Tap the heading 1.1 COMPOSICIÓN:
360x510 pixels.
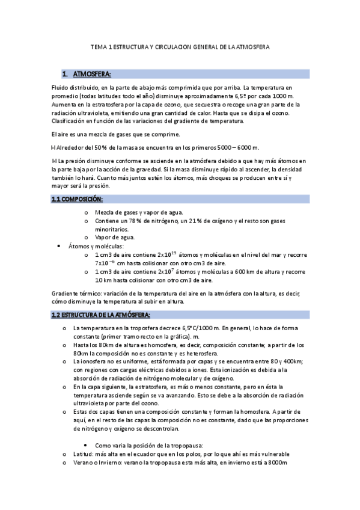click(77, 199)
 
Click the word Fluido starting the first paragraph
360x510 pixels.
click(61, 88)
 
